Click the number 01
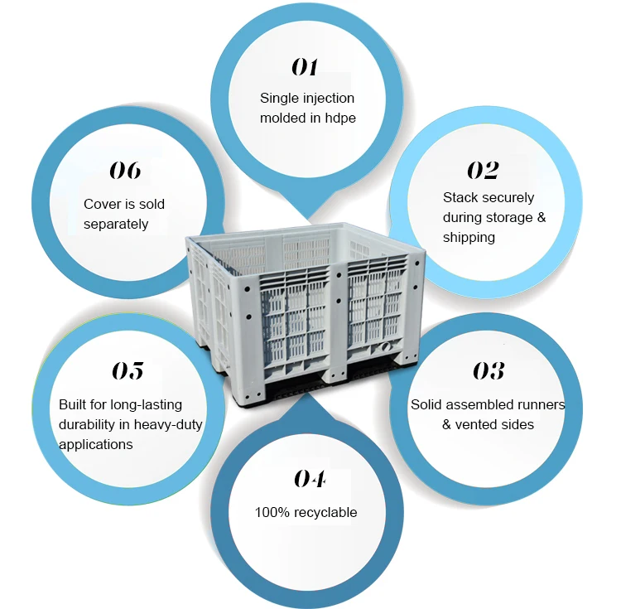(304, 67)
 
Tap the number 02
(483, 171)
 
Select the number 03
(489, 370)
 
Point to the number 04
(309, 479)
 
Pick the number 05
(127, 370)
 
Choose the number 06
(125, 171)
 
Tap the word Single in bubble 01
(278, 98)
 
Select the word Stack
(460, 197)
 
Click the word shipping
(469, 237)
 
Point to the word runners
(537, 404)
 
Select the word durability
(89, 424)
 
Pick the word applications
(96, 444)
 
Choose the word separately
(116, 224)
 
